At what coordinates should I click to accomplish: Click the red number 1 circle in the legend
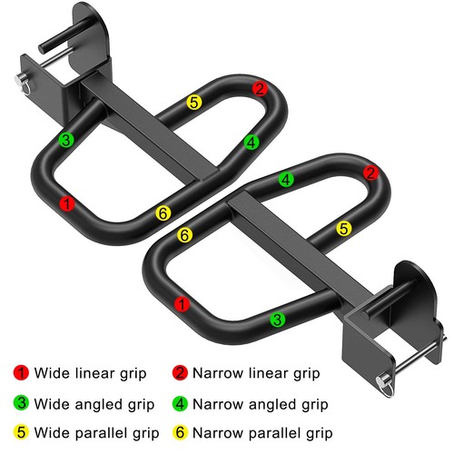click(23, 373)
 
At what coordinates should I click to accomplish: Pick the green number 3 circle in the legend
click(23, 403)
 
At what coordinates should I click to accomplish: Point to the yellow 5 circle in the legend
click(23, 432)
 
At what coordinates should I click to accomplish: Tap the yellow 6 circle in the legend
click(180, 432)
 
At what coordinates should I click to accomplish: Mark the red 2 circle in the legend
click(180, 373)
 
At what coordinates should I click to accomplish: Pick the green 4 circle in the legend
click(180, 403)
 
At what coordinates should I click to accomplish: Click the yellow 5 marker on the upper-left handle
click(193, 102)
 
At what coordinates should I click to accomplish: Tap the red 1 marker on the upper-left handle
click(66, 204)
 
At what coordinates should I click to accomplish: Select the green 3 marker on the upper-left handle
click(65, 140)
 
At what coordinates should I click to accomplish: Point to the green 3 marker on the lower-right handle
click(278, 319)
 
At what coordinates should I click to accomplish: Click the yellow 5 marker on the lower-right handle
click(343, 228)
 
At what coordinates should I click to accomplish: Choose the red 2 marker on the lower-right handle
click(370, 173)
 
